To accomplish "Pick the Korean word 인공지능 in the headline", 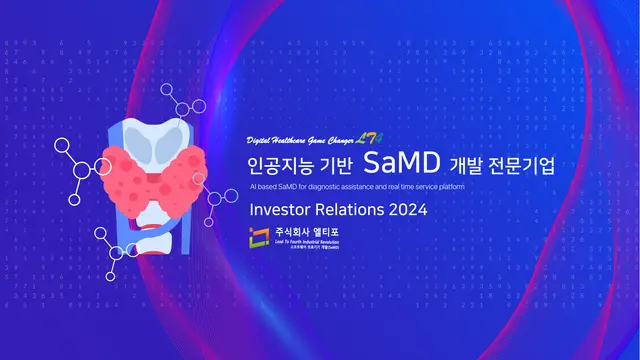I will click(x=279, y=163).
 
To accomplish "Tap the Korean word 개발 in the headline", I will click(x=467, y=163).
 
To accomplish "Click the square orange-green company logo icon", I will click(x=260, y=237).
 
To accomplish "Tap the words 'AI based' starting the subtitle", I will click(x=263, y=187).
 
